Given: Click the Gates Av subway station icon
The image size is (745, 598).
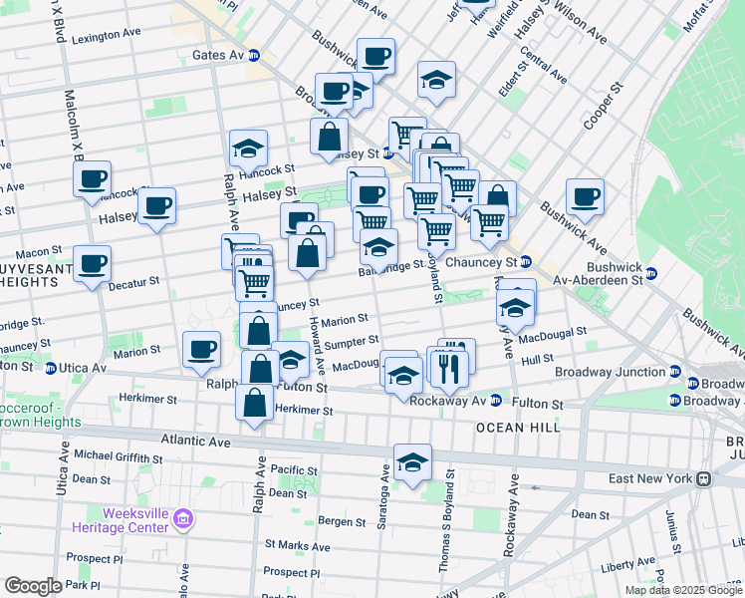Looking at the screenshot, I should coord(254,55).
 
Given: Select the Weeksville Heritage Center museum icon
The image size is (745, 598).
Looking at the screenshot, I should coord(182,518).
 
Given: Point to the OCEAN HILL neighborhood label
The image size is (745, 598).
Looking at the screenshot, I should coord(518,427).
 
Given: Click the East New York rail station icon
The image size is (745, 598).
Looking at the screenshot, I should coord(703,478).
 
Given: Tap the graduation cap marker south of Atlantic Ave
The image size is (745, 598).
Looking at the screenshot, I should coord(412,462).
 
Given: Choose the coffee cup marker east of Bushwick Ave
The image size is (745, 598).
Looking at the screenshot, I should coord(586,195).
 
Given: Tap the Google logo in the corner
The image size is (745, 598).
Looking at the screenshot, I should coord(33,586).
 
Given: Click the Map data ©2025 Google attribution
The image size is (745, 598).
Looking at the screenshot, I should coord(683,590).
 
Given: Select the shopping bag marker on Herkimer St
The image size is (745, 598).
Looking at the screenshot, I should coord(254,403).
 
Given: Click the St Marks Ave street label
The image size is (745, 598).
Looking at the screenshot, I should coord(298,545).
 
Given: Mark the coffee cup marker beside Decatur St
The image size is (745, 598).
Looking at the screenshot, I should coord(93,264).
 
